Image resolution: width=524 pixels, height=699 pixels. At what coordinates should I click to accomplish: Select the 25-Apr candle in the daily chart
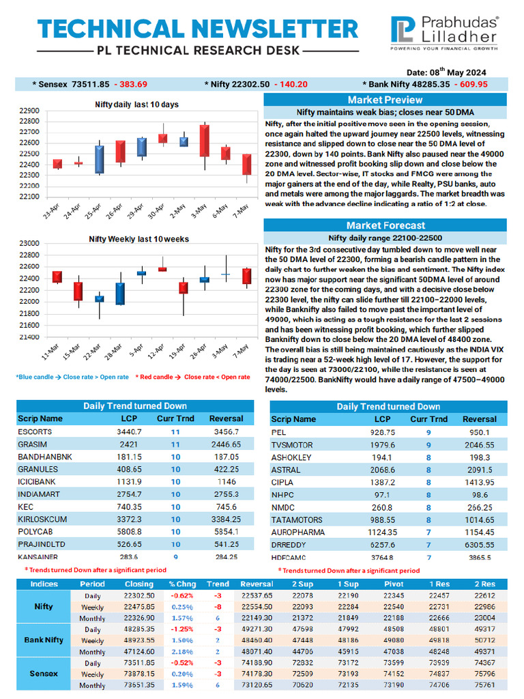[x=100, y=159]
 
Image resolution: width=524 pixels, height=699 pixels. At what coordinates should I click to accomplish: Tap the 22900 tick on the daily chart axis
[x=29, y=110]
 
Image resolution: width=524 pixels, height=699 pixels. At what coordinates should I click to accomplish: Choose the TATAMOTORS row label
[x=297, y=519]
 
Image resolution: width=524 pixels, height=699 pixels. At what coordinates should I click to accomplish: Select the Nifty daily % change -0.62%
[x=181, y=595]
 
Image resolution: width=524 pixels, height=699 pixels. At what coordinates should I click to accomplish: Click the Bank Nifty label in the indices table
[x=44, y=640]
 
